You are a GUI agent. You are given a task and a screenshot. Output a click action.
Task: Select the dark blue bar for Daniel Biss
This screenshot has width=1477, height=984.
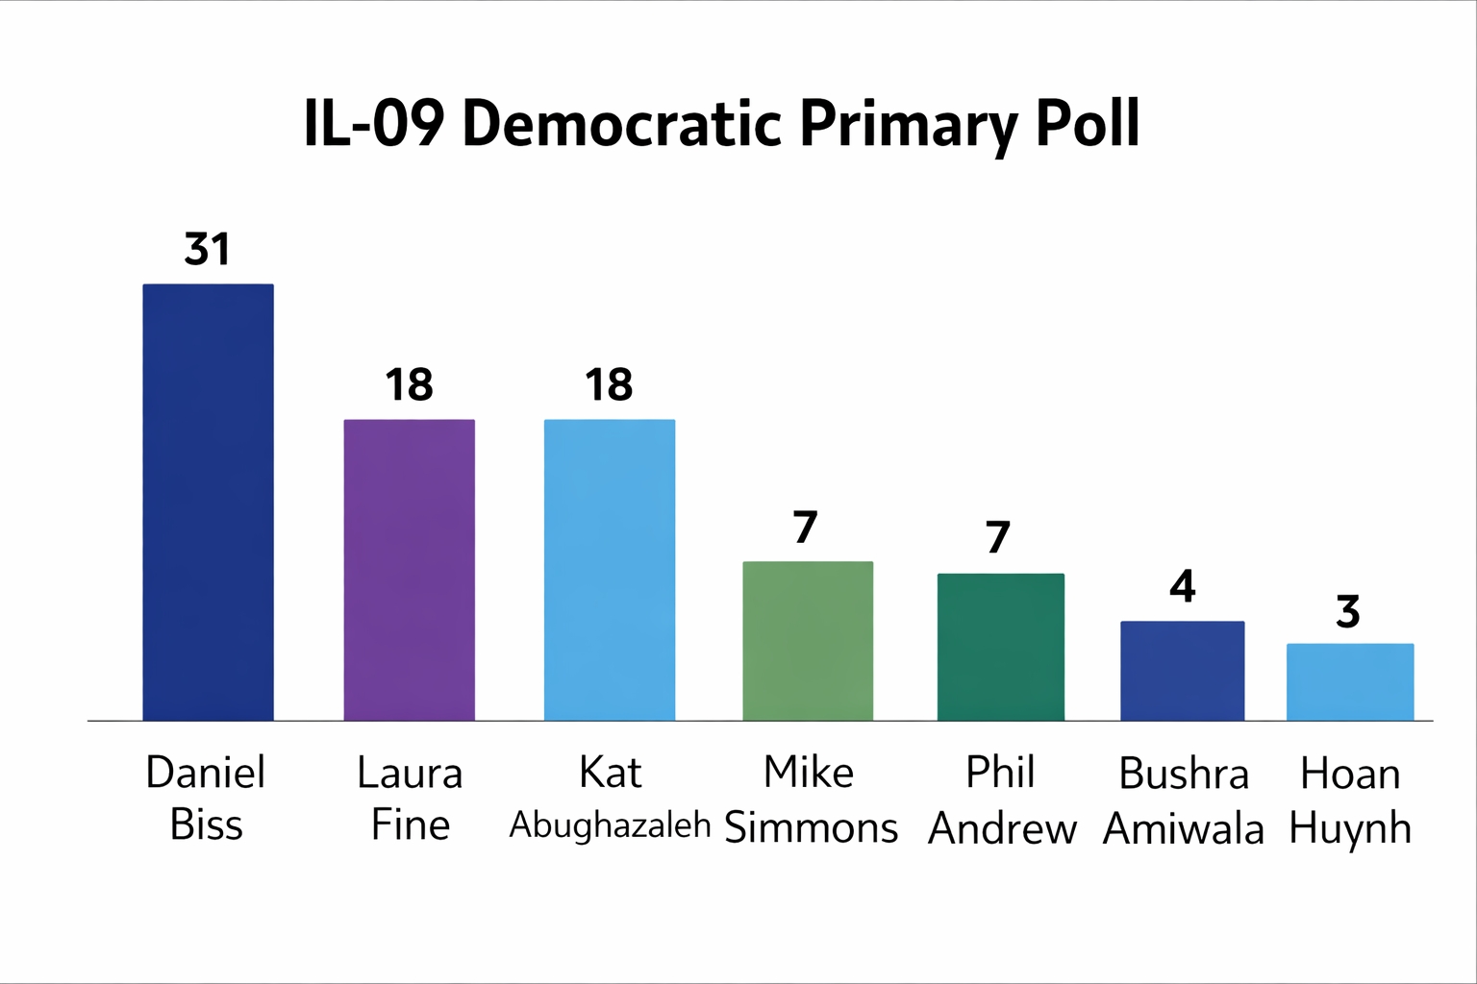(208, 502)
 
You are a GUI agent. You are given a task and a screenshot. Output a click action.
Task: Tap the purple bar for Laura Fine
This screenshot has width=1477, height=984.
(409, 569)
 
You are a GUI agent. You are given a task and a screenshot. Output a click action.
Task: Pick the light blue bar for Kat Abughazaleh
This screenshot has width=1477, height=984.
(609, 569)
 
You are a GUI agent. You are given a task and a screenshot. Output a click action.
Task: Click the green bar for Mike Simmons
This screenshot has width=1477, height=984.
(808, 640)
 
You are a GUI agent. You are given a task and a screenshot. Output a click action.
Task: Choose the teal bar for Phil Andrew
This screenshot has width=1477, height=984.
(1000, 646)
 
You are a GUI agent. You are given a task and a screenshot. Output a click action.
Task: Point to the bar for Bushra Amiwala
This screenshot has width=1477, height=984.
(1182, 670)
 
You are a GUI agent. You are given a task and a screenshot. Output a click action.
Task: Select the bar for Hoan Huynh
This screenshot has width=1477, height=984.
(1349, 681)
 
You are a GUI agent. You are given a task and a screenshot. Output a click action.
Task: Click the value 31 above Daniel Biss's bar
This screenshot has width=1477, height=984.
(208, 250)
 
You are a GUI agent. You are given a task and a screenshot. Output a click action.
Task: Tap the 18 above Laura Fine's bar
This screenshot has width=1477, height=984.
(409, 385)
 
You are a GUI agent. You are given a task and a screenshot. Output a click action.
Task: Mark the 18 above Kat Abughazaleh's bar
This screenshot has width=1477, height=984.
(609, 385)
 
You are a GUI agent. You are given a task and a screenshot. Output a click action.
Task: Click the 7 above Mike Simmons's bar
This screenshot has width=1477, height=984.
(806, 528)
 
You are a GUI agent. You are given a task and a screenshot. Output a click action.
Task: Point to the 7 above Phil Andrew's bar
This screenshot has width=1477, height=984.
(998, 538)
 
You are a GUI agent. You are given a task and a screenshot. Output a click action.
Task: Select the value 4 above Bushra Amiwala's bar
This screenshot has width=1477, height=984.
(1182, 586)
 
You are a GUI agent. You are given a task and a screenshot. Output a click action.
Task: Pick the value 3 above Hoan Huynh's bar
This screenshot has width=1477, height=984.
(1348, 612)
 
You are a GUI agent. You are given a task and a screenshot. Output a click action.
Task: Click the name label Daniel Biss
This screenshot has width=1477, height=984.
(206, 799)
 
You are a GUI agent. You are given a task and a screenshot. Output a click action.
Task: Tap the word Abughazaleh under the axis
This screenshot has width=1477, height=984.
(610, 824)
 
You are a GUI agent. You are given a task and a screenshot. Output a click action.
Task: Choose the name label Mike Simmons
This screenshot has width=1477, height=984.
(810, 799)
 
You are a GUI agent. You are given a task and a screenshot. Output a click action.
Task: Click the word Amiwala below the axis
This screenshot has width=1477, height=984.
(1183, 829)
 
